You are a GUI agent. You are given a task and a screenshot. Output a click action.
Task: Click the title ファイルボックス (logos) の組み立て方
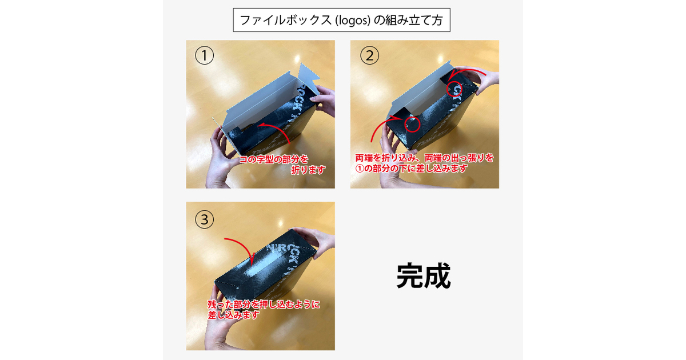[342, 20]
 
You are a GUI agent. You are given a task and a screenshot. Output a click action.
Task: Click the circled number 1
[204, 55]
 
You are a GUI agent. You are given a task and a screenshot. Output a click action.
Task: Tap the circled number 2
[369, 55]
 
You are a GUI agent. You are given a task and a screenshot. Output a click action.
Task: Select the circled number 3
[204, 219]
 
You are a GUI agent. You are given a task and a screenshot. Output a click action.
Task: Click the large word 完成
[424, 277]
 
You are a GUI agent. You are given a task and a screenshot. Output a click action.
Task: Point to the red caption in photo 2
[424, 162]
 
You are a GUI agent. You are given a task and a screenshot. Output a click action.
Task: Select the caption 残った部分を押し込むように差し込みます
[263, 309]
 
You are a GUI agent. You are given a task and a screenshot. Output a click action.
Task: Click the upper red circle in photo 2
[455, 89]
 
